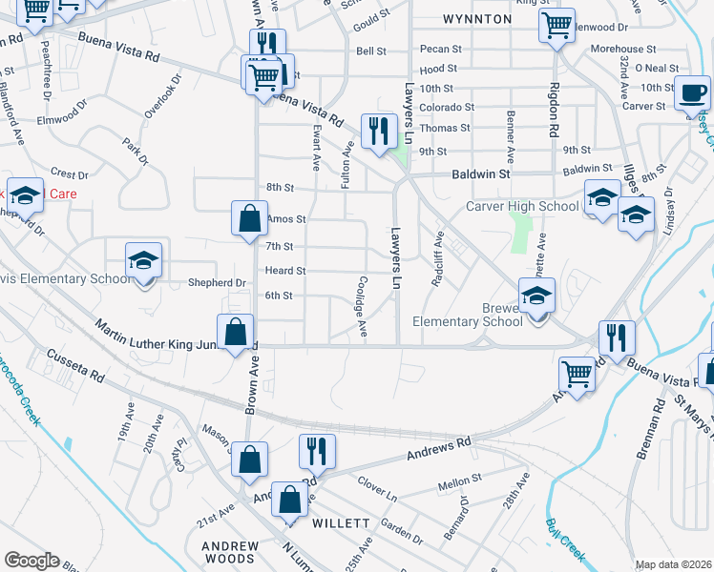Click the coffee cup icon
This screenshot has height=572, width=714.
[x=693, y=95]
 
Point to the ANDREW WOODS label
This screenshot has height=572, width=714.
[x=229, y=553]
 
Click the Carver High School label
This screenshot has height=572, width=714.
[x=522, y=206]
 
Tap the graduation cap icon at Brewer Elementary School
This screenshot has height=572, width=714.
[x=536, y=296]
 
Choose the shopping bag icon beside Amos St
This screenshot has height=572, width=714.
[x=249, y=218]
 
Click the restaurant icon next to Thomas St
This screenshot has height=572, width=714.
[x=380, y=131]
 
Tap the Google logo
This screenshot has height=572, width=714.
[x=31, y=561]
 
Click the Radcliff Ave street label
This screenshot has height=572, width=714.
[x=438, y=257]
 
